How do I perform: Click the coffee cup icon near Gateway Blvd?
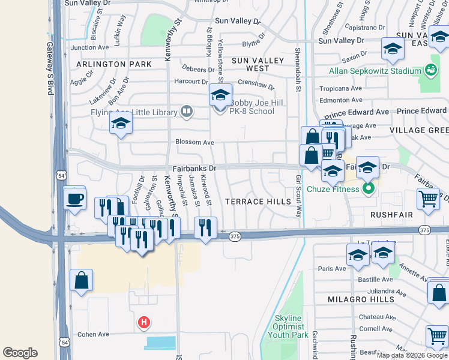pos(74,198)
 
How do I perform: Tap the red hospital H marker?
pos(143,323)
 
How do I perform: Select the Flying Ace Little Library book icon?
pos(187,112)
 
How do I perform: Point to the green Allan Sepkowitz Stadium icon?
pos(430,71)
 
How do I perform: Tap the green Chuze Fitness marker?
pos(369,190)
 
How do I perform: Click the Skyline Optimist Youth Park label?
pos(291,326)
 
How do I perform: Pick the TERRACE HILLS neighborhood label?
pos(258,202)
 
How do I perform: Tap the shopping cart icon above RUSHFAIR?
pos(428,199)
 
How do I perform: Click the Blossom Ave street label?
pos(194,143)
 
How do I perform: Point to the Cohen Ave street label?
pos(93,334)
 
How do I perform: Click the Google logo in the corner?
pos(20,353)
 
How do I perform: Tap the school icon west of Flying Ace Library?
pos(121,124)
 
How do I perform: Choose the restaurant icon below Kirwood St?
pos(205,227)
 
